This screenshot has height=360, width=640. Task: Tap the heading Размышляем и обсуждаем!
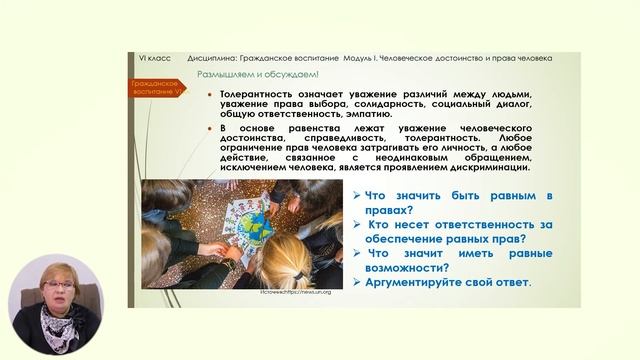pos(248,74)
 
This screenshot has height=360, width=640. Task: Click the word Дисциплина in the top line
pos(211,58)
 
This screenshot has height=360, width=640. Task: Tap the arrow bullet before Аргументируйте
pos(357,283)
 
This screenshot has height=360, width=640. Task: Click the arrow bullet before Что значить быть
pos(357,196)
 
